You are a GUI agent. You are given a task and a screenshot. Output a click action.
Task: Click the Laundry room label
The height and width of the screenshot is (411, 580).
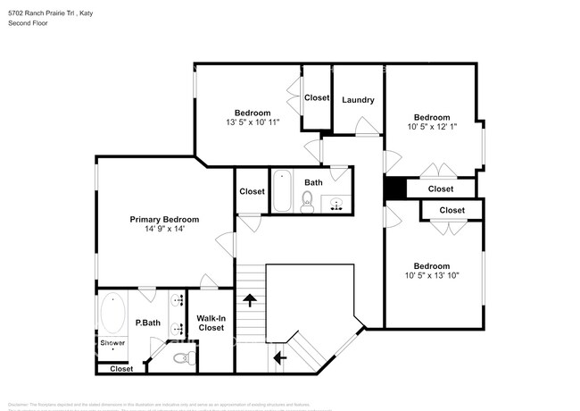tap(358, 100)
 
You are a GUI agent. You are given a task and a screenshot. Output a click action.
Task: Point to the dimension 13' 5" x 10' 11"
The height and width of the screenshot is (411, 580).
tap(253, 122)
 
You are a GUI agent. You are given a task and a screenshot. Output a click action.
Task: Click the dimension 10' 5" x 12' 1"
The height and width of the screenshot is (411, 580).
tap(431, 127)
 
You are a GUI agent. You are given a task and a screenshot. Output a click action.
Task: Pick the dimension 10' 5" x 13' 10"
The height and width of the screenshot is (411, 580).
tap(431, 275)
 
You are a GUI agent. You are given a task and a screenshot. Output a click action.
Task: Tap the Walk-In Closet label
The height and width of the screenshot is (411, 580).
tap(211, 323)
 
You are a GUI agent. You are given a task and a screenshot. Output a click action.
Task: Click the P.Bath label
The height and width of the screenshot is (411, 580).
tap(147, 323)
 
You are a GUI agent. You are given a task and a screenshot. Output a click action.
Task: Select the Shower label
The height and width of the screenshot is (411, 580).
tap(112, 343)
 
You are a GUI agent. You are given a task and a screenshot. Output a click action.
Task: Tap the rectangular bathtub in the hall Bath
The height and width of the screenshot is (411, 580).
tap(282, 189)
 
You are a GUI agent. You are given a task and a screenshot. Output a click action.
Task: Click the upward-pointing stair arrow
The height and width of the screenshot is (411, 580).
tap(252, 301)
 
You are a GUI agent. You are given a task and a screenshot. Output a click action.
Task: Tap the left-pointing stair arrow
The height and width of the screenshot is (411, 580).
tap(280, 358)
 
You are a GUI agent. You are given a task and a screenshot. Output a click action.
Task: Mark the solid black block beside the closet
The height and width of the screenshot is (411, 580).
tap(394, 189)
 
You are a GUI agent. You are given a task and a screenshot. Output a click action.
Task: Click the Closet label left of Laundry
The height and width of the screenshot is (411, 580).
tap(317, 97)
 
